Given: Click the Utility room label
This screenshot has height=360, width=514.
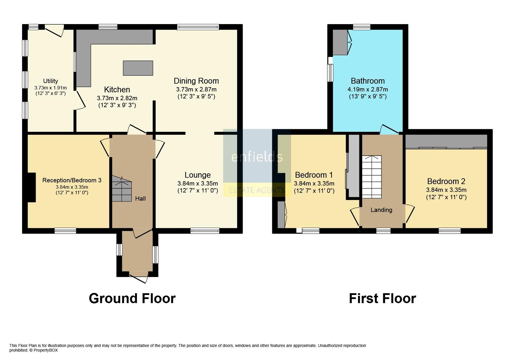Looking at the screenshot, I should [x=51, y=81].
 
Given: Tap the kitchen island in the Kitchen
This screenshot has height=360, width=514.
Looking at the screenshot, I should [x=138, y=68].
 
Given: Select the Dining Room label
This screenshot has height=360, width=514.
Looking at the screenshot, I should [x=196, y=81].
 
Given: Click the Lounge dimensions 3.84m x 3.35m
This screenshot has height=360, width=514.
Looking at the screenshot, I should [x=198, y=183].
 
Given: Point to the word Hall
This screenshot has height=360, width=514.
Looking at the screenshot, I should [x=140, y=199].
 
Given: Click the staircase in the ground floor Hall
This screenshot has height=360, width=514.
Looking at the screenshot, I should [x=122, y=189].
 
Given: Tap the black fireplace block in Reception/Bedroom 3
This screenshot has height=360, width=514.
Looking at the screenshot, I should [x=31, y=187].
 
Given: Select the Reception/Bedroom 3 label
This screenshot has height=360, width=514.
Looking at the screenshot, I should [x=72, y=180].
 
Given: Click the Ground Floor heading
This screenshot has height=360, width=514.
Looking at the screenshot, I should [x=132, y=298].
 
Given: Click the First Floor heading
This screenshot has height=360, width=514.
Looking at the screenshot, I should [x=382, y=298].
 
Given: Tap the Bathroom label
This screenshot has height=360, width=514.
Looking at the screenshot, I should [x=367, y=81].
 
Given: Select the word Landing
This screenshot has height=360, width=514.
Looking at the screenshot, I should [x=381, y=210].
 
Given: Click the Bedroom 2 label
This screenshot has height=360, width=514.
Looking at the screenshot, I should [x=446, y=181].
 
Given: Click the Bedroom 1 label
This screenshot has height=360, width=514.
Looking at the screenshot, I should [x=314, y=175].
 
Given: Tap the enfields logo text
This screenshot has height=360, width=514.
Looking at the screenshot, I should [x=257, y=157].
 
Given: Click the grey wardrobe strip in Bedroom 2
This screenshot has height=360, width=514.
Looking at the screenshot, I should [x=446, y=141].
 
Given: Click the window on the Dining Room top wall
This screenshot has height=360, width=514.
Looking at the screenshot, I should [x=198, y=27].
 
